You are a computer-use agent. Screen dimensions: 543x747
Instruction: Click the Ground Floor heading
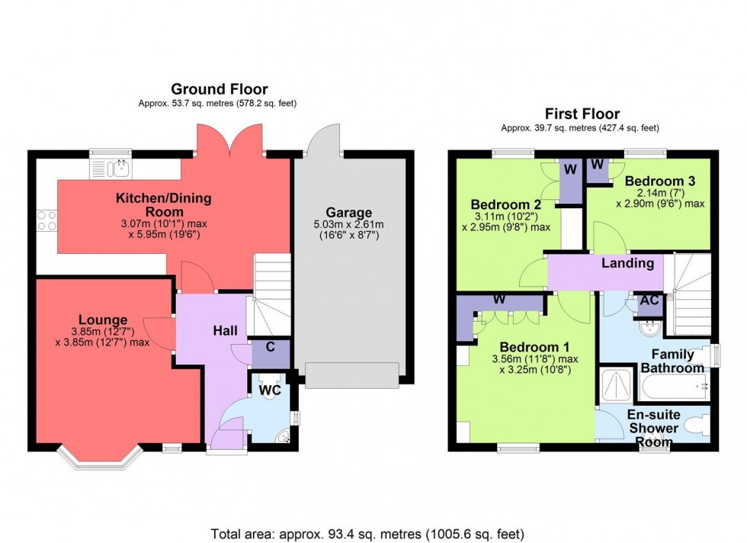pyautogui.click(x=219, y=89)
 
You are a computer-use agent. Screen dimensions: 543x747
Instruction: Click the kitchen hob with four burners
pyautogui.click(x=47, y=220)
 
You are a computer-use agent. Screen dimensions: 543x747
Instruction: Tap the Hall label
pyautogui.click(x=224, y=330)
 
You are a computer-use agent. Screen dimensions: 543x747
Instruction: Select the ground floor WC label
pyautogui.click(x=271, y=390)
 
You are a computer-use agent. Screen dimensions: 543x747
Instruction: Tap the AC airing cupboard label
pyautogui.click(x=649, y=301)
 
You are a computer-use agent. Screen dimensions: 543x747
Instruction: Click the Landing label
pyautogui.click(x=627, y=263)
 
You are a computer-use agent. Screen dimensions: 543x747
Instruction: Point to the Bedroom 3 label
pyautogui.click(x=659, y=181)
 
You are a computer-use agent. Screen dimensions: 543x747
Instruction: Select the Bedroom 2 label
pyautogui.click(x=505, y=204)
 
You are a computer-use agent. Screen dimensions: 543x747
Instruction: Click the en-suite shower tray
pyautogui.click(x=616, y=385)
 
